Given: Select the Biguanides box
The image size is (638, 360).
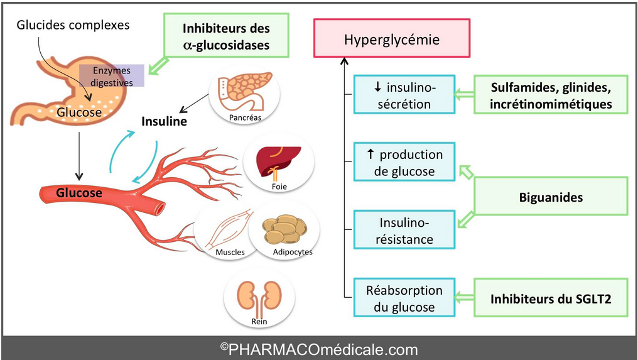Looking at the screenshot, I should [551, 197].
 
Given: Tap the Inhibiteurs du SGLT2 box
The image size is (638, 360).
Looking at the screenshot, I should [551, 297].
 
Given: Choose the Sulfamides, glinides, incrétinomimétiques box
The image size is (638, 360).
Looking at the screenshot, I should [551, 94].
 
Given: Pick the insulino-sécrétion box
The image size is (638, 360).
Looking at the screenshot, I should [404, 95].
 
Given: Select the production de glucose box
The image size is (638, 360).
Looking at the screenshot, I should [404, 163].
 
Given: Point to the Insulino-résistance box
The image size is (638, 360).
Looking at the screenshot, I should [404, 231].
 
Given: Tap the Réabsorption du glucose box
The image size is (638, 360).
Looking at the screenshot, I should [404, 298].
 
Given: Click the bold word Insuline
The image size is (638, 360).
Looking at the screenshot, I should [164, 121].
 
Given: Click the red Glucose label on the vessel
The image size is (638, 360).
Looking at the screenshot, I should [79, 193].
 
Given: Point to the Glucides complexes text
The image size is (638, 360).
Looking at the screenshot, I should [73, 25].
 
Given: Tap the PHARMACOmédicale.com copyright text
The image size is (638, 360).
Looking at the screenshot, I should [319, 349].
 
